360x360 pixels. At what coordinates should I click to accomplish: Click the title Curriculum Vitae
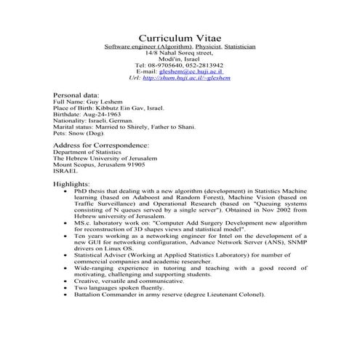pyautogui.click(x=180, y=37)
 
